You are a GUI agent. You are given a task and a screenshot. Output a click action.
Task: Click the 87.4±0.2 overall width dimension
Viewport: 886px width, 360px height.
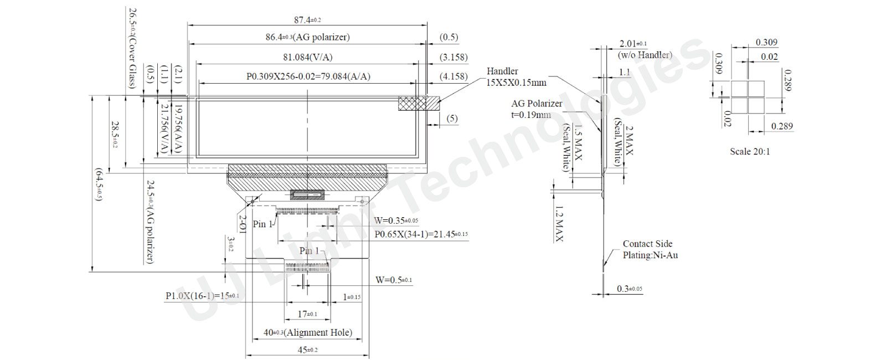click(307, 20)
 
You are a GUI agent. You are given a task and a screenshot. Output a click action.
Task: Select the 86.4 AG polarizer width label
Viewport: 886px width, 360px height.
click(307, 37)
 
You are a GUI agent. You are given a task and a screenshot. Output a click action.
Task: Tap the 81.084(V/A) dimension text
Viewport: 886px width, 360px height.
click(307, 57)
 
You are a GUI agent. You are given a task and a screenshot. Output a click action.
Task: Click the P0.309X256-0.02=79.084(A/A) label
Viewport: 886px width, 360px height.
click(308, 76)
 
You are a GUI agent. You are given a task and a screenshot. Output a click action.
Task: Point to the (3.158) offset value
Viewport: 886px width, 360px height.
click(453, 57)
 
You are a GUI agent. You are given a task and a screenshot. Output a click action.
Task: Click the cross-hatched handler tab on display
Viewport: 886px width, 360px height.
click(419, 103)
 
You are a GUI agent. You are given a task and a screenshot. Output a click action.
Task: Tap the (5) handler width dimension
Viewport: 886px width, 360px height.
click(452, 118)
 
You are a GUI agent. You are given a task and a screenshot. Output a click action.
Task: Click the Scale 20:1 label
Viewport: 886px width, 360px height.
click(749, 151)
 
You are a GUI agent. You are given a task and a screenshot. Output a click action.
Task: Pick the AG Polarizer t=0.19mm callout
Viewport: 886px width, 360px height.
click(535, 109)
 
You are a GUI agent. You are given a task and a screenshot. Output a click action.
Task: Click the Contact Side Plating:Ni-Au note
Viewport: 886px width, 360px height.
click(650, 249)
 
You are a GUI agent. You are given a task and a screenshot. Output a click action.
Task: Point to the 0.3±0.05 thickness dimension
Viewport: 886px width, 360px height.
click(629, 289)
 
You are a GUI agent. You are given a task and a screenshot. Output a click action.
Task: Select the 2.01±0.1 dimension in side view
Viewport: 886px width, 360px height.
click(632, 44)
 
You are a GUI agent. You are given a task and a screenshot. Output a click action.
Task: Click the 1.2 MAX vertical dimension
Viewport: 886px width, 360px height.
click(559, 224)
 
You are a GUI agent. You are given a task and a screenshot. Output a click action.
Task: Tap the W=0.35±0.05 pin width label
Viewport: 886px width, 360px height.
click(395, 220)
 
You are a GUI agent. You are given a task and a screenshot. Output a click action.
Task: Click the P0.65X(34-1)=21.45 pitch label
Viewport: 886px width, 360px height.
click(420, 234)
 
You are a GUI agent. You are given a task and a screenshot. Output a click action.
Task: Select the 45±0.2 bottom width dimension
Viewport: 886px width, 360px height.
click(307, 350)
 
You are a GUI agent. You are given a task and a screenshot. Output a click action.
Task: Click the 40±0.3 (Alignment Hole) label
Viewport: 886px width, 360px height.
click(307, 332)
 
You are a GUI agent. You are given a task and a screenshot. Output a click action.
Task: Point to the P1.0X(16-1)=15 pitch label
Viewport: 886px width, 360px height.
click(202, 296)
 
